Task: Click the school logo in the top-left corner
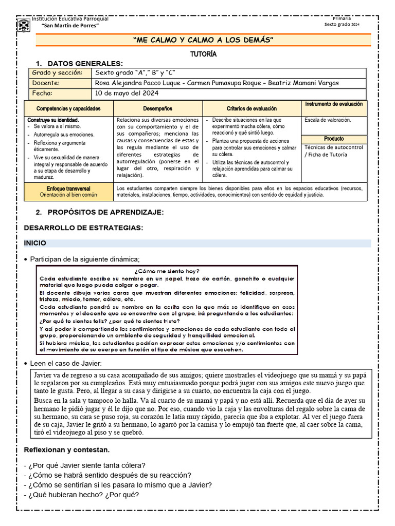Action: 23,25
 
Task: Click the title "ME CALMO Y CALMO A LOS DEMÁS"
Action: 203,40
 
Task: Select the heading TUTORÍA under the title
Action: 203,53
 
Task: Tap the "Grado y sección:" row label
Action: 57,73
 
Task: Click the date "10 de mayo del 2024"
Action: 127,93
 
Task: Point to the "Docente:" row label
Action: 46,83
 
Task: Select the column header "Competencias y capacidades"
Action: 68,109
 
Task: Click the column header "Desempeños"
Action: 157,109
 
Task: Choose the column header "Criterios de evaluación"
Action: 252,109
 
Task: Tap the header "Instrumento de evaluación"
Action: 334,104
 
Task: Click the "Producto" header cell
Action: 334,139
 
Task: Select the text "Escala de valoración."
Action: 328,120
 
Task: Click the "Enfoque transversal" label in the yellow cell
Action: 68,189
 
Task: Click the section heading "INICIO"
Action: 35,243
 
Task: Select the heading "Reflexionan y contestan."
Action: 67,450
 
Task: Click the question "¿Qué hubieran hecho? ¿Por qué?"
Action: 81,495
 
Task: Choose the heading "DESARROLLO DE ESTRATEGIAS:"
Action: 84,228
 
